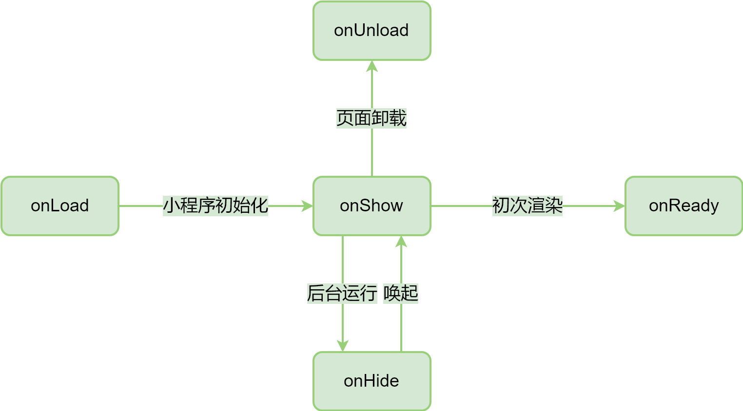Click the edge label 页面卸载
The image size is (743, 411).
pos(371,118)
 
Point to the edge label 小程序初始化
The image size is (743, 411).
pos(215,205)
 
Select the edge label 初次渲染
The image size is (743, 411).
pos(528,205)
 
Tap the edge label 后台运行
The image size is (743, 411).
pos(342,293)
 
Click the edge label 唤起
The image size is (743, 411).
pos(401,293)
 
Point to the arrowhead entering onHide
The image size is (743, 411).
pos(343,345)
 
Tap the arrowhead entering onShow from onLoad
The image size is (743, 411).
pos(307,206)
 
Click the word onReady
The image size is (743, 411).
pos(684,206)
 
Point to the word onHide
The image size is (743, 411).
pos(371,381)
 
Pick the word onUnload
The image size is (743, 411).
pos(371,30)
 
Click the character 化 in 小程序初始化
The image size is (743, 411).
pos(259,205)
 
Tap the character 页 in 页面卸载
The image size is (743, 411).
pos(345,118)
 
